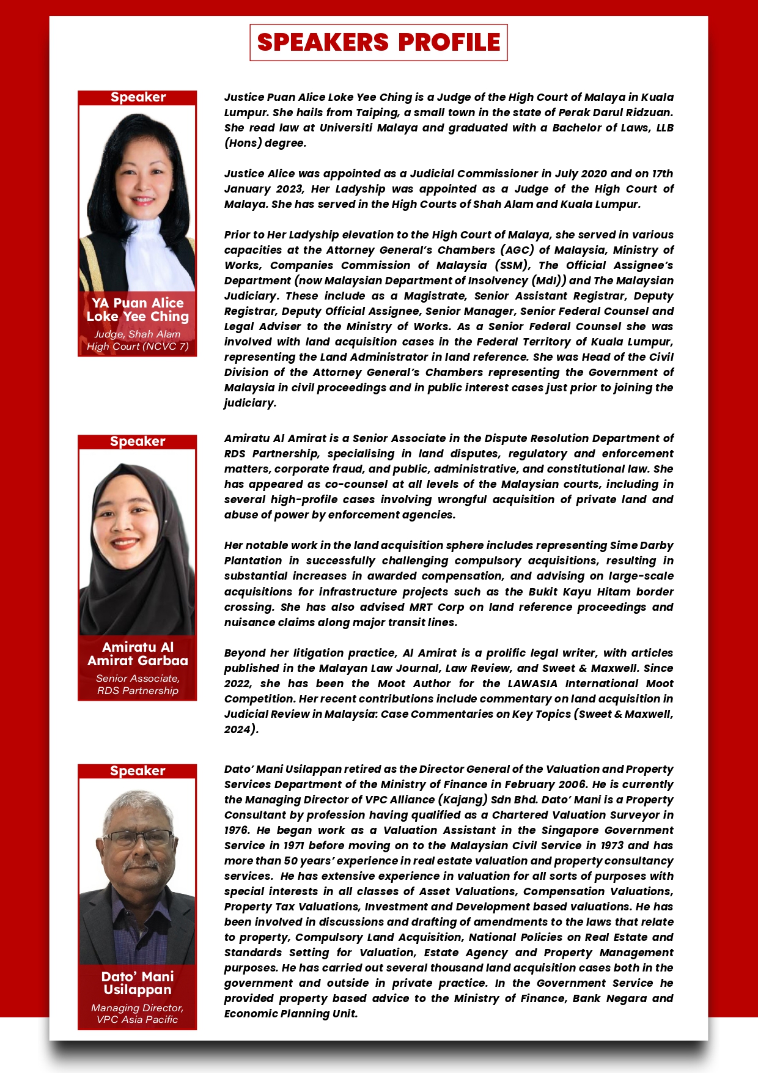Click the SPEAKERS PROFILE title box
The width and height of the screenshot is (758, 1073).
pyautogui.click(x=378, y=42)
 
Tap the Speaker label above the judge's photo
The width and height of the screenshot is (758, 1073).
pyautogui.click(x=138, y=97)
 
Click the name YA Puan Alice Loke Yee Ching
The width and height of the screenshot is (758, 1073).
pyautogui.click(x=138, y=309)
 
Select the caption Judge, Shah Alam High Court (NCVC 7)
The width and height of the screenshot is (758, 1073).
pyautogui.click(x=138, y=340)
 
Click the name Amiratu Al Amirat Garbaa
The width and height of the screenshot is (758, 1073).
pyautogui.click(x=138, y=654)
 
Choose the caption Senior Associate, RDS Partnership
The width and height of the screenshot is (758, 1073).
pyautogui.click(x=138, y=684)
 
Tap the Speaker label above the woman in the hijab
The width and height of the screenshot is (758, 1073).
pyautogui.click(x=138, y=441)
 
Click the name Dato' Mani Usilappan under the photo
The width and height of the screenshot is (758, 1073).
pyautogui.click(x=138, y=983)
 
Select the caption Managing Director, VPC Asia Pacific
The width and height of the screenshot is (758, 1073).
pyautogui.click(x=138, y=1013)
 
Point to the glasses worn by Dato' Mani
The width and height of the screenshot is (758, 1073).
pyautogui.click(x=138, y=838)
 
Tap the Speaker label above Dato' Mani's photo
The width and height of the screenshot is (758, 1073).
pyautogui.click(x=138, y=771)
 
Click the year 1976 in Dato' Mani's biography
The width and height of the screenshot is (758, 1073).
pyautogui.click(x=237, y=830)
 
